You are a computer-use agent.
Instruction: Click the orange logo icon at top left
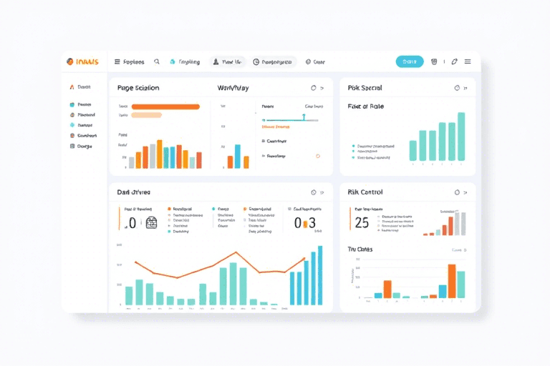(70, 61)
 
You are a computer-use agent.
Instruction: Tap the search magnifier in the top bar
(157, 61)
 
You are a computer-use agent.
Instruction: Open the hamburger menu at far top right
(468, 61)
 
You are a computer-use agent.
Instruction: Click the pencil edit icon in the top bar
(454, 61)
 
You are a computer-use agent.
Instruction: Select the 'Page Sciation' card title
(138, 88)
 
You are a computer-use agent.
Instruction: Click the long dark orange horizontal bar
(165, 107)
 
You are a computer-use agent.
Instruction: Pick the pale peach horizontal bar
(147, 114)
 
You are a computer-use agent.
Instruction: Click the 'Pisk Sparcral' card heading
(365, 88)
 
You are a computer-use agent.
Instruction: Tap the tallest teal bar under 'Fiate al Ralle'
(461, 136)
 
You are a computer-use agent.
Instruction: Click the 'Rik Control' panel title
(365, 192)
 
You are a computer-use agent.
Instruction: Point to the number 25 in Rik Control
(362, 222)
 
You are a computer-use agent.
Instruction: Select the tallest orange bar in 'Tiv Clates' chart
(452, 281)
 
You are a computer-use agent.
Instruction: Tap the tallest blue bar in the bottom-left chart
(320, 275)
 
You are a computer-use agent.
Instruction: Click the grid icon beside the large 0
(151, 222)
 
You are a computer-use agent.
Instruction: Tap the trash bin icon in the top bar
(434, 61)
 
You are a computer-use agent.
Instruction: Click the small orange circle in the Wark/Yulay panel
(317, 156)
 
